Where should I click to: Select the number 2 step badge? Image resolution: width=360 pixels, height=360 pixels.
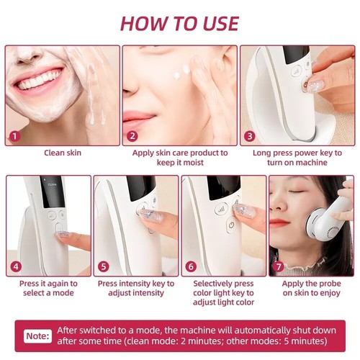click(x=132, y=135)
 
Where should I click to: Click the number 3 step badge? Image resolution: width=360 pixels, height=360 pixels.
click(x=249, y=135)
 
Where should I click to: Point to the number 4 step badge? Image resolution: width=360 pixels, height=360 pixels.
click(x=16, y=266)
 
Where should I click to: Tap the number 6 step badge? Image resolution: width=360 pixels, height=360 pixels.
click(x=192, y=266)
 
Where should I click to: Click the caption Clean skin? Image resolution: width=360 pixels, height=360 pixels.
click(x=63, y=153)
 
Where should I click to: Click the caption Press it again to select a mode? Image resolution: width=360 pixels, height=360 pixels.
click(x=48, y=289)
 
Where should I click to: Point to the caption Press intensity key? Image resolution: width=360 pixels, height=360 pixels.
click(x=135, y=289)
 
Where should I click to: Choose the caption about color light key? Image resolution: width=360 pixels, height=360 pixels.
click(x=223, y=294)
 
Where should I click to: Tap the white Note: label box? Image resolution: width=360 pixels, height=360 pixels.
click(x=37, y=336)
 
